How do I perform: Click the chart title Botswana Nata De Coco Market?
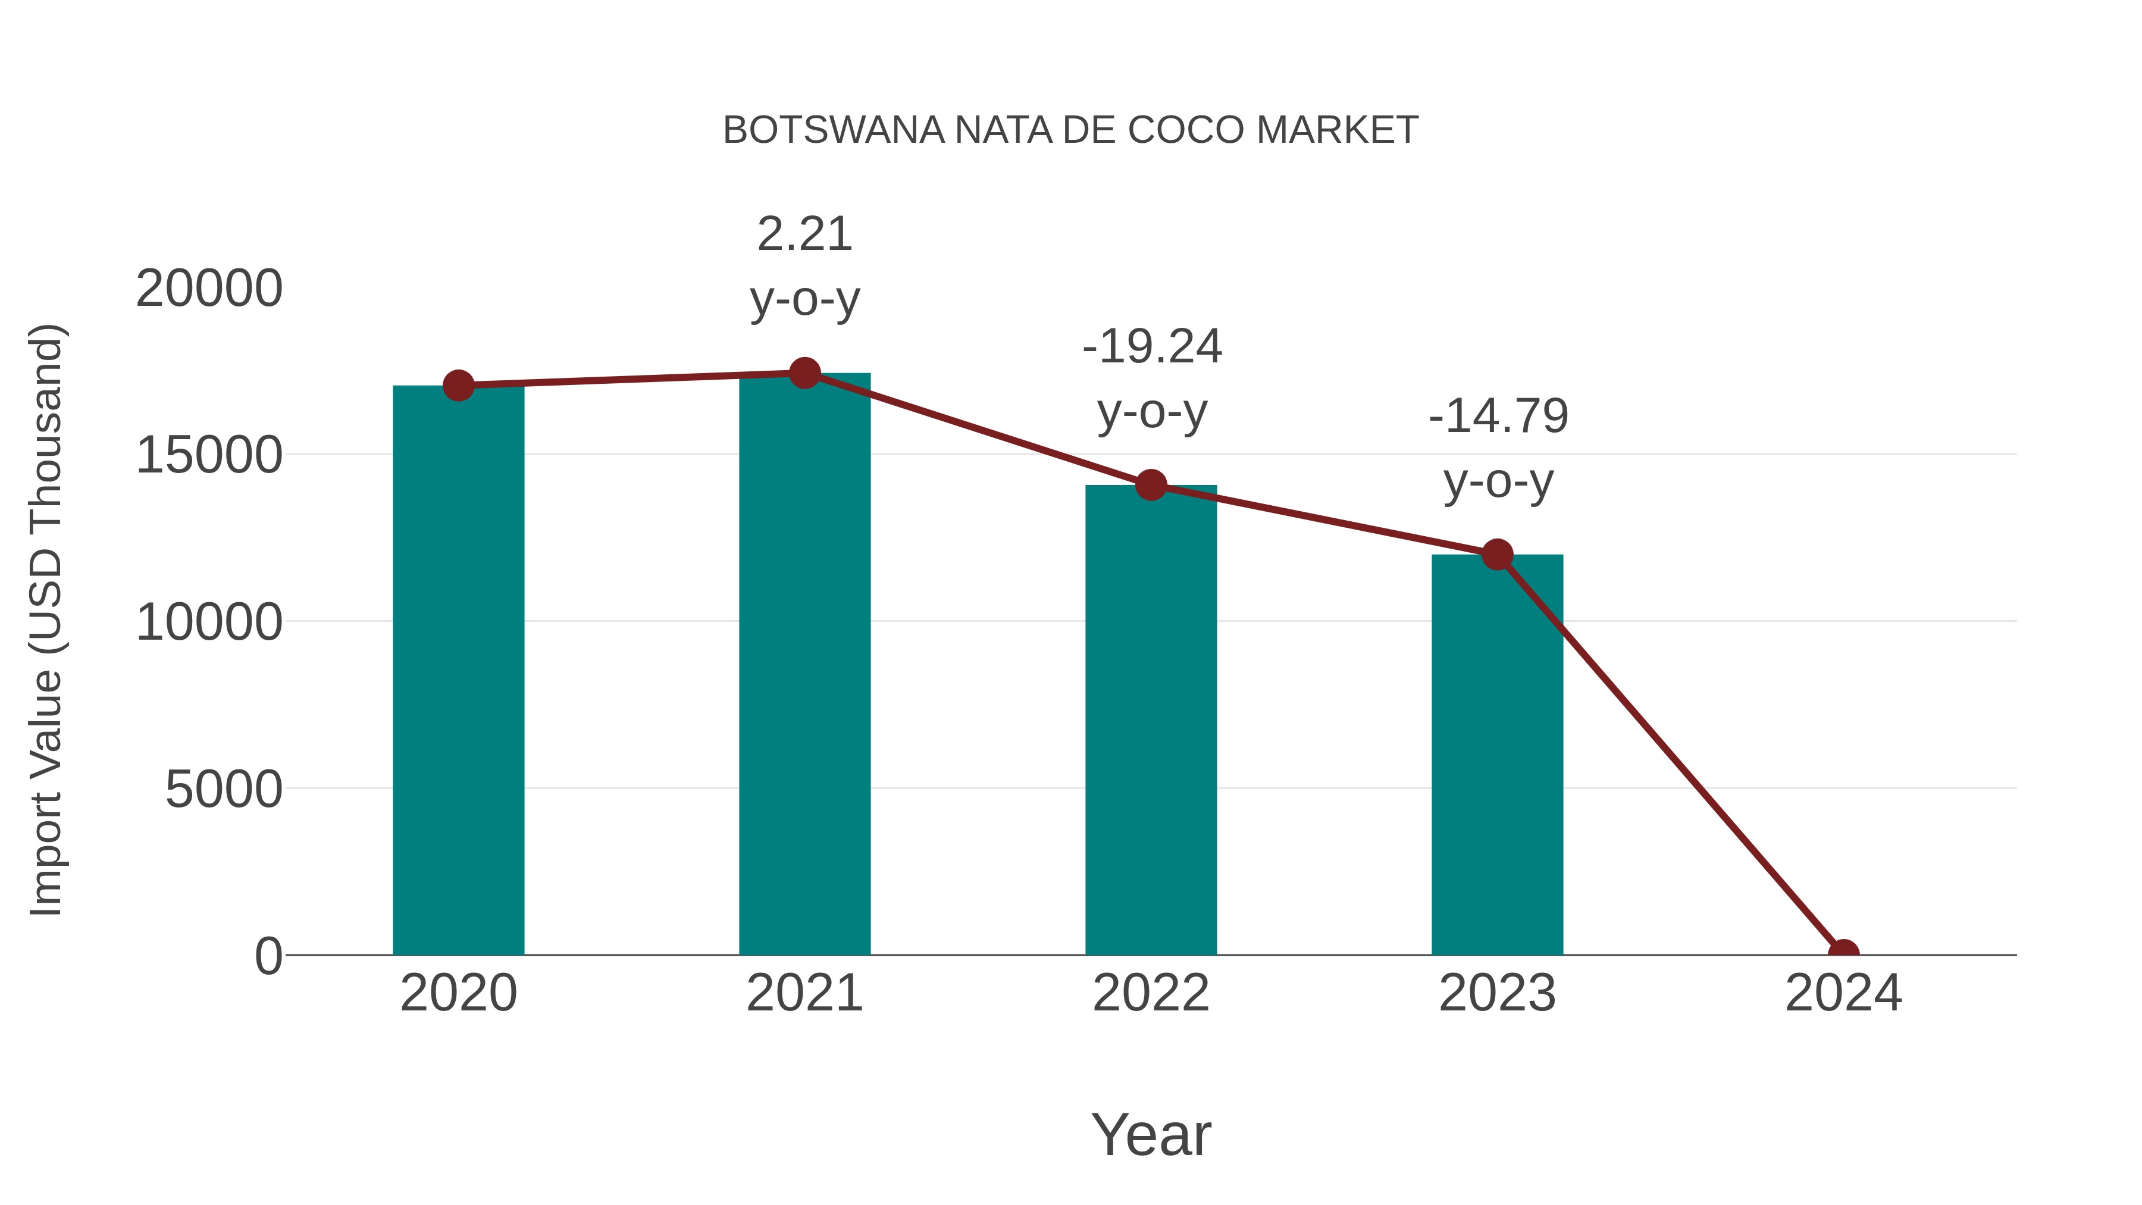[x=1070, y=130]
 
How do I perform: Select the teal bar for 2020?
[x=458, y=669]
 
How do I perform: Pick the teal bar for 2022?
[x=1151, y=719]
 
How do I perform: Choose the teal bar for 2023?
[x=1497, y=755]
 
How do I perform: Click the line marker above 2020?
[x=458, y=385]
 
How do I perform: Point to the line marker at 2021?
[x=804, y=373]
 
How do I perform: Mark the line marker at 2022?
[x=1151, y=485]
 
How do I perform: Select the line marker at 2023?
[x=1497, y=554]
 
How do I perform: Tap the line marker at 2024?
[x=1843, y=953]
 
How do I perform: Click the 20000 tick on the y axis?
[x=209, y=289]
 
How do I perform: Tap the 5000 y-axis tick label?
[x=224, y=788]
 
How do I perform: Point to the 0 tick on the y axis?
[x=268, y=956]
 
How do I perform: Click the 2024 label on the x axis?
[x=1843, y=993]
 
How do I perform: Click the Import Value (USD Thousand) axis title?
[x=46, y=621]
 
